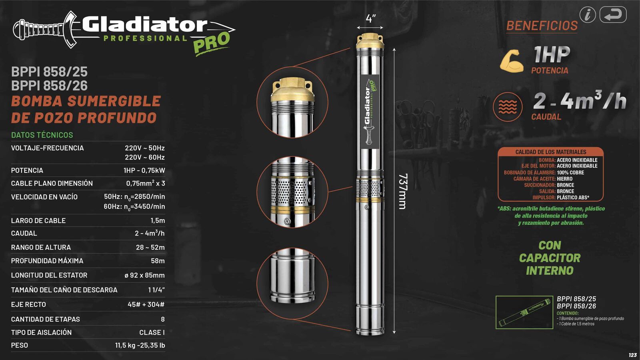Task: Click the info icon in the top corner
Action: [588, 15]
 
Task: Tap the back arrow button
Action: [613, 15]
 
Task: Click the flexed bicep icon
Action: [512, 61]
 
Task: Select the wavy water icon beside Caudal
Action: [508, 107]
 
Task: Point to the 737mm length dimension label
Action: [403, 191]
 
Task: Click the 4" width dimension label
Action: [370, 18]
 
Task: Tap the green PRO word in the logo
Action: [212, 42]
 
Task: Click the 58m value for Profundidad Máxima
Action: [158, 261]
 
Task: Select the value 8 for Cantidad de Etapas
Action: [162, 319]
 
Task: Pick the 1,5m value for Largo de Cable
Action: [158, 220]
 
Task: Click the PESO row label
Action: [20, 345]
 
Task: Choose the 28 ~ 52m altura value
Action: [150, 247]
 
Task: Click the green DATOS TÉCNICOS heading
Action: [42, 135]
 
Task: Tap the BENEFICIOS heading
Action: [542, 26]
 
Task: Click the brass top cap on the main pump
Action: [370, 40]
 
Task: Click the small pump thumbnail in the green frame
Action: [524, 312]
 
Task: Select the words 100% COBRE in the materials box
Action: [570, 172]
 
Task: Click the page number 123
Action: [632, 355]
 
